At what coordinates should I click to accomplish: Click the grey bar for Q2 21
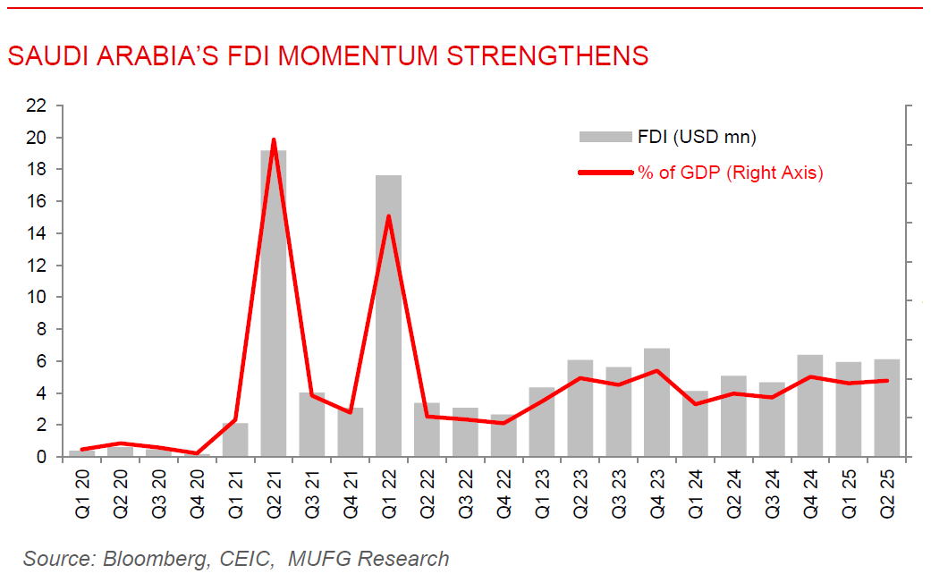[x=274, y=304]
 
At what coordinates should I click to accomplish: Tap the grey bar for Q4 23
[x=656, y=402]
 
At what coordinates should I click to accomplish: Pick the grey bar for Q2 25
[x=886, y=408]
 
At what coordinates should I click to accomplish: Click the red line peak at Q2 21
[x=273, y=140]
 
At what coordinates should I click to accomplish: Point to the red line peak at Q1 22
[x=388, y=216]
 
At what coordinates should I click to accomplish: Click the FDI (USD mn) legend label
[x=697, y=137]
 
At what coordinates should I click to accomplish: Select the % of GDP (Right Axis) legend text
[x=730, y=173]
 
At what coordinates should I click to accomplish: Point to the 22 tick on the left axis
[x=36, y=106]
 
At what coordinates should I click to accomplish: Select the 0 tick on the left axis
[x=41, y=457]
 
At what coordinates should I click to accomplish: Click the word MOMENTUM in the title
[x=359, y=55]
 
